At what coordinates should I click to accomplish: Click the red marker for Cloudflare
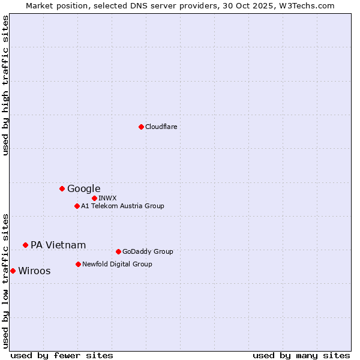pyautogui.click(x=141, y=127)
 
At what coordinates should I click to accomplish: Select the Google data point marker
pyautogui.click(x=62, y=188)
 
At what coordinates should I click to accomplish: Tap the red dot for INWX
pyautogui.click(x=94, y=198)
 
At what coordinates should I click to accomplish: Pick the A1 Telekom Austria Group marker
pyautogui.click(x=77, y=206)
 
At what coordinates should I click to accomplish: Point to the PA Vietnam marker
pyautogui.click(x=25, y=245)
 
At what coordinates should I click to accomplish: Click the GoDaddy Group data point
pyautogui.click(x=118, y=251)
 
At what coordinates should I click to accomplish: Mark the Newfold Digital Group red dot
pyautogui.click(x=78, y=264)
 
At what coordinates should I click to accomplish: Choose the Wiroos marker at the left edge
pyautogui.click(x=13, y=271)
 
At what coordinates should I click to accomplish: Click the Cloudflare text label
pyautogui.click(x=161, y=127)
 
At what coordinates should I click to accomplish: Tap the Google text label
pyautogui.click(x=83, y=189)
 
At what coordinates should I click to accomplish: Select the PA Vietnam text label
pyautogui.click(x=58, y=245)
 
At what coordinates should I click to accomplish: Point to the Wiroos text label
pyautogui.click(x=34, y=271)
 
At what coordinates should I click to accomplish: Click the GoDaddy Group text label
pyautogui.click(x=148, y=251)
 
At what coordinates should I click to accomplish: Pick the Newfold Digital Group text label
pyautogui.click(x=117, y=264)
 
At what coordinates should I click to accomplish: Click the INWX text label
pyautogui.click(x=107, y=198)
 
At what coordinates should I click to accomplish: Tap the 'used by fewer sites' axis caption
pyautogui.click(x=62, y=355)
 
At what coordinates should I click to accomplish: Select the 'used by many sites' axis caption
pyautogui.click(x=301, y=355)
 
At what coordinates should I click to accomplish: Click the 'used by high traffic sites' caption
pyautogui.click(x=6, y=86)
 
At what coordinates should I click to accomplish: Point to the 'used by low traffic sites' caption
pyautogui.click(x=6, y=281)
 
